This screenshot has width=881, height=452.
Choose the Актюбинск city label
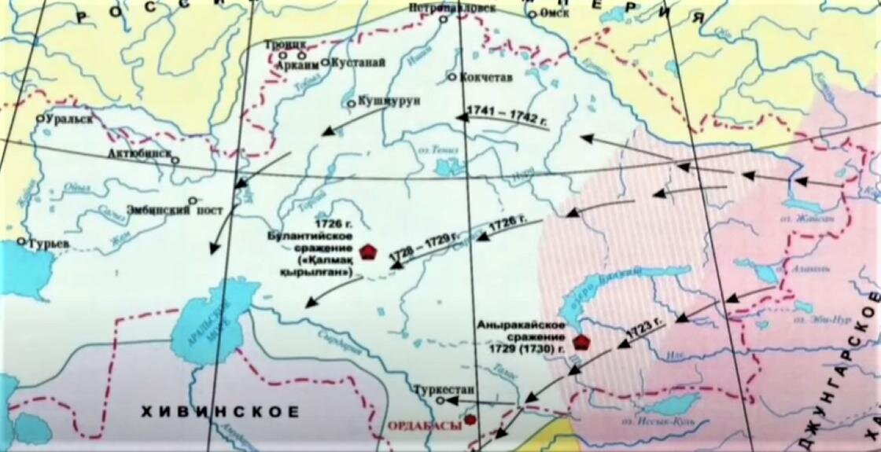pos(142,153)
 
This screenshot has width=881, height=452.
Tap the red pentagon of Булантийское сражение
pos(367,252)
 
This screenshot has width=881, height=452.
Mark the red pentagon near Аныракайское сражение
pos(581,341)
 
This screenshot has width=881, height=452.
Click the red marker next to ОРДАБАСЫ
pos(470,420)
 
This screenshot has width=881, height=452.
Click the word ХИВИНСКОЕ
pos(219,411)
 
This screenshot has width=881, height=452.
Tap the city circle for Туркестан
pos(441,400)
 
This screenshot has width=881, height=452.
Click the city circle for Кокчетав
pos(452,77)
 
